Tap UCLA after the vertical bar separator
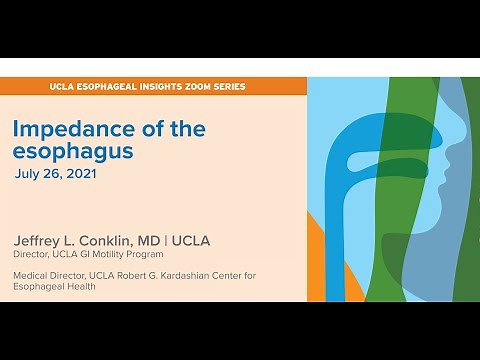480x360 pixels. click(205, 240)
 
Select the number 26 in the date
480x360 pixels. click(58, 173)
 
